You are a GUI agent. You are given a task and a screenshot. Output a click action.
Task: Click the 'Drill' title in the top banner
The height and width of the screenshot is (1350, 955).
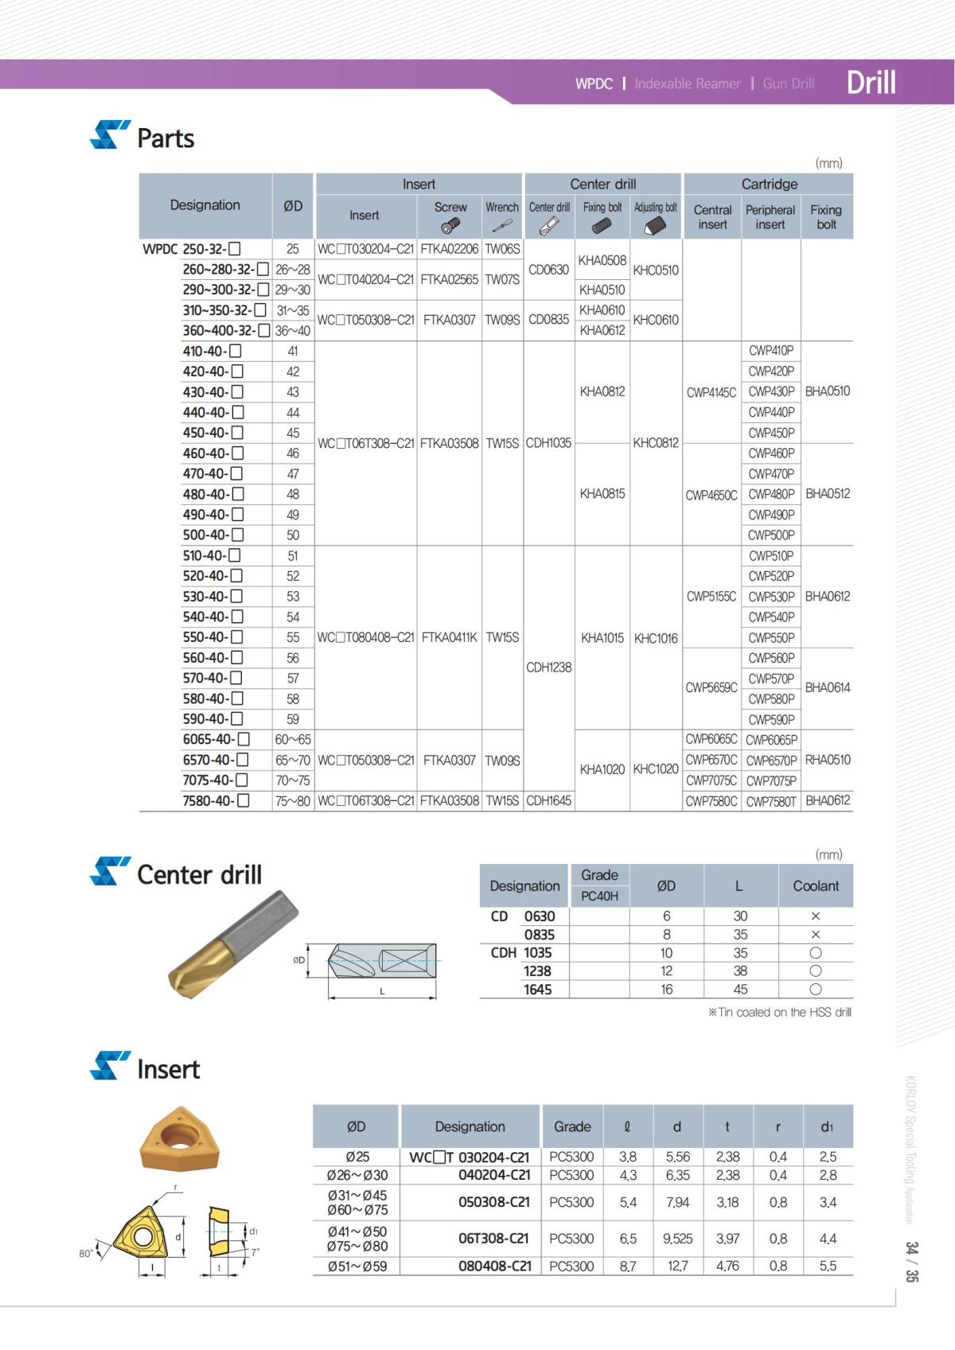(871, 82)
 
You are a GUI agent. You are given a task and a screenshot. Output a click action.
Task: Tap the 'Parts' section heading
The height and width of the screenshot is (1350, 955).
(165, 138)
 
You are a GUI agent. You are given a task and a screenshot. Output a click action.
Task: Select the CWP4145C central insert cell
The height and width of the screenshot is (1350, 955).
(711, 392)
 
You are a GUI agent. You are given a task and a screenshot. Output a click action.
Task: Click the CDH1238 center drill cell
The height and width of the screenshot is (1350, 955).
(548, 667)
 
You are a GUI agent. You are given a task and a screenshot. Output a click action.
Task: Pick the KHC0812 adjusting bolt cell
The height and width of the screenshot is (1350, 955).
(656, 443)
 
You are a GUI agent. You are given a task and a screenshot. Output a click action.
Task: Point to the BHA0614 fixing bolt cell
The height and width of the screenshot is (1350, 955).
(827, 687)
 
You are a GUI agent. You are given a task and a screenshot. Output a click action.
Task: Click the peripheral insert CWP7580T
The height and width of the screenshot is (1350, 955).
(770, 801)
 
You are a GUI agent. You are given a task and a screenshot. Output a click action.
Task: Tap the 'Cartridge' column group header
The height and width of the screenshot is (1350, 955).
(769, 184)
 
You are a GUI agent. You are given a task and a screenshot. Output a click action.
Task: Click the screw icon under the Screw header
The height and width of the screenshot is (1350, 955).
(450, 225)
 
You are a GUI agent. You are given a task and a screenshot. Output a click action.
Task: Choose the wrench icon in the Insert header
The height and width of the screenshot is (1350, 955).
(502, 226)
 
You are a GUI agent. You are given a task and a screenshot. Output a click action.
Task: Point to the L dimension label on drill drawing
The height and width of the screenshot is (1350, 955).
(382, 991)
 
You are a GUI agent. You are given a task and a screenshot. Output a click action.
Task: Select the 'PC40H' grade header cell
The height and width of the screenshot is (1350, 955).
(599, 896)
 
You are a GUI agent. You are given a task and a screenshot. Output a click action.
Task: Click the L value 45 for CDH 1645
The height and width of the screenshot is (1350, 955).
(740, 990)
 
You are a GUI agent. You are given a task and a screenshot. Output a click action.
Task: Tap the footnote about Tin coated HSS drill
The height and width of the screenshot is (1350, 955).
(779, 1013)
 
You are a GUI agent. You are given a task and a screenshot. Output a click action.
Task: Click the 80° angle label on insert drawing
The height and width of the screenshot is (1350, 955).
(86, 1253)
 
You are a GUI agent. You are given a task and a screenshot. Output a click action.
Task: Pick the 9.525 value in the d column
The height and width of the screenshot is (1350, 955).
(677, 1239)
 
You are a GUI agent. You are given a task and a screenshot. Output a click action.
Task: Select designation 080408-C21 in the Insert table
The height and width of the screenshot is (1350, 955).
(494, 1266)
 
